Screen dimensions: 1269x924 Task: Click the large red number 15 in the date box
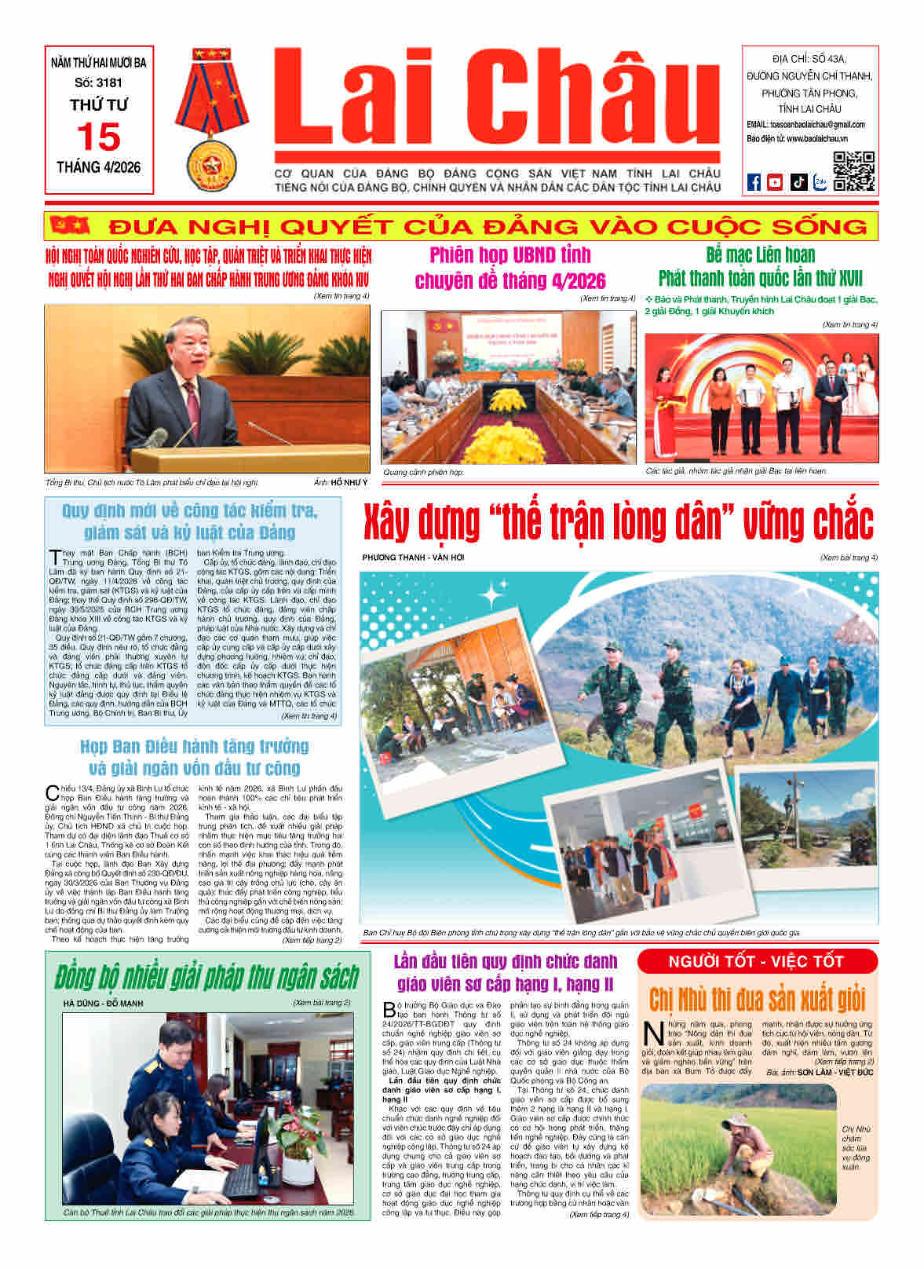coord(99,137)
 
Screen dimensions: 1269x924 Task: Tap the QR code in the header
coord(853,171)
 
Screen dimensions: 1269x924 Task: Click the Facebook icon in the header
coord(754,182)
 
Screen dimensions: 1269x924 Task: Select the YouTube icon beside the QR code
coord(775,182)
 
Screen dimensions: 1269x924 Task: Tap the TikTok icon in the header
coord(798,182)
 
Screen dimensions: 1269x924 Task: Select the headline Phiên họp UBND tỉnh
coord(510,256)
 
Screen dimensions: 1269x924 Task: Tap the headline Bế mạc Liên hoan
coord(760,255)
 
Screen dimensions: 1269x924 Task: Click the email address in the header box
coord(805,124)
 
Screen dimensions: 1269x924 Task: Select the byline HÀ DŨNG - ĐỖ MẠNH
coord(103,1003)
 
